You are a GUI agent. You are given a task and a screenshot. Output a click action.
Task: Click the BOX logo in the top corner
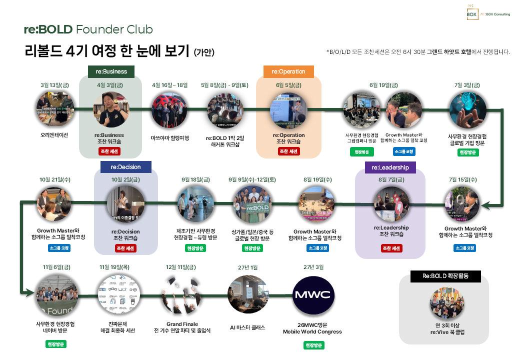coord(471,13)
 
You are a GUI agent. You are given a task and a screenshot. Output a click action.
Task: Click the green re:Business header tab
coord(111,71)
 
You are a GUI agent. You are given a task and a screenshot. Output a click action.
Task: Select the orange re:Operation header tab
coord(288,71)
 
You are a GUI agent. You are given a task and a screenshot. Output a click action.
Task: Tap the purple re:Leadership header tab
coord(390,167)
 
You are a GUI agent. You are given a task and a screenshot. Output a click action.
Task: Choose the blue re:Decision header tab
coord(126,166)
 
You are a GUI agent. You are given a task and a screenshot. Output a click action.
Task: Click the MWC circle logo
coord(312,294)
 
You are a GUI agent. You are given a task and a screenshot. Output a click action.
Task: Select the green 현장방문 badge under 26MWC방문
coord(313,345)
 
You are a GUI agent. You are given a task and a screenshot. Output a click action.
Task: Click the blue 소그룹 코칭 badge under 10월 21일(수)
coord(59,248)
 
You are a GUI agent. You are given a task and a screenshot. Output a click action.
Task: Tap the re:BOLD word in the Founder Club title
coord(48,29)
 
